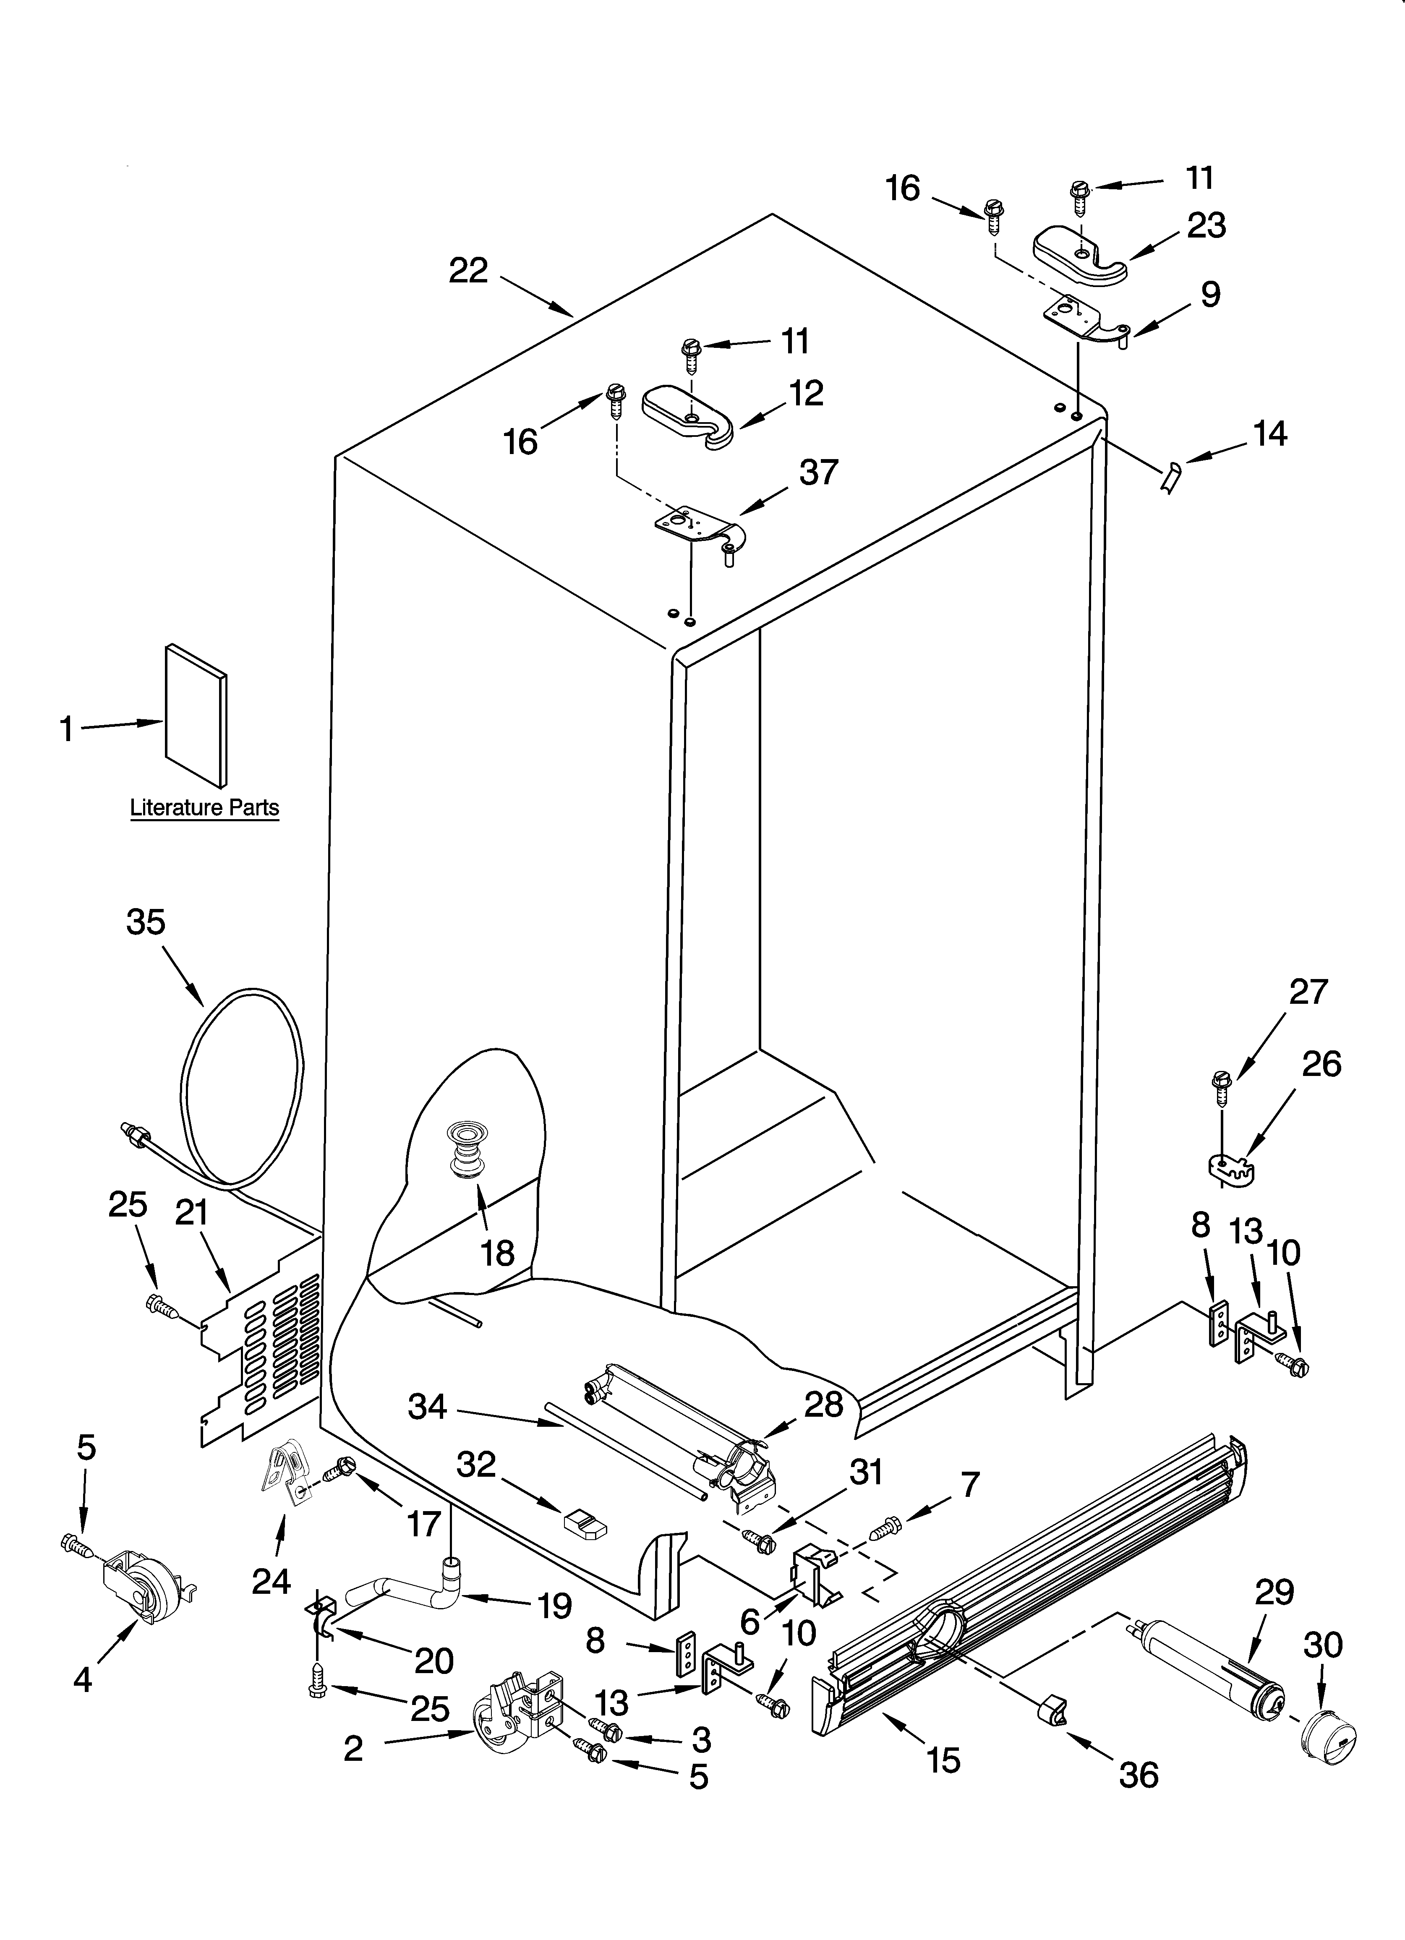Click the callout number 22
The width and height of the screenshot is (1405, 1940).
click(468, 271)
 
